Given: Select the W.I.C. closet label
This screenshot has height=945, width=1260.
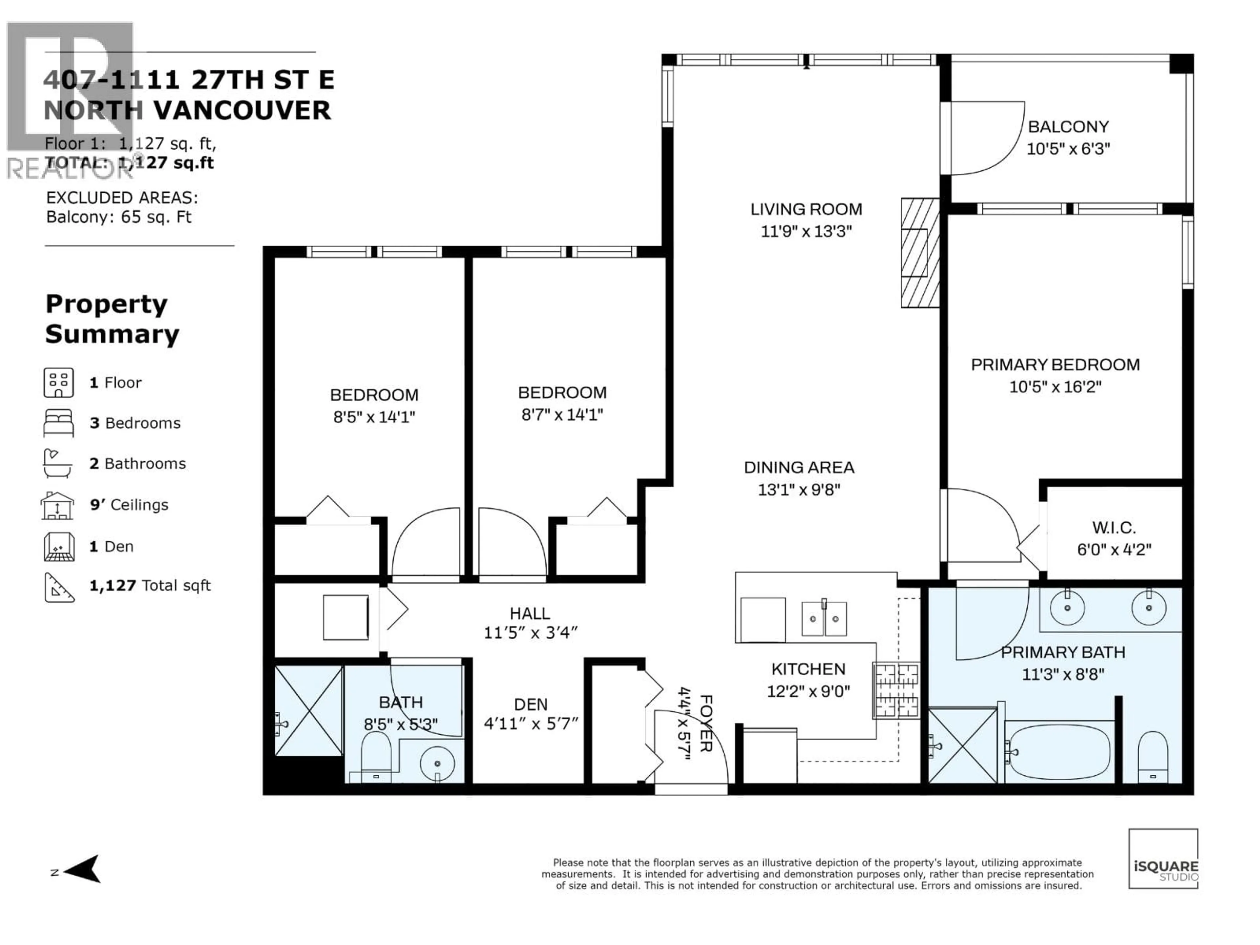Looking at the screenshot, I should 1114,528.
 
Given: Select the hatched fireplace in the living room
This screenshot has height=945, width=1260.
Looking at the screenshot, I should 919,253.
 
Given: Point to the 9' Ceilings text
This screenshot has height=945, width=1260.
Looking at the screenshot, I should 129,505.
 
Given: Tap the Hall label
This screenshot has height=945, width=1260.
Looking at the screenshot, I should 530,614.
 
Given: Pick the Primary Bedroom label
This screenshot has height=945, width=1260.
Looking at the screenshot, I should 1055,365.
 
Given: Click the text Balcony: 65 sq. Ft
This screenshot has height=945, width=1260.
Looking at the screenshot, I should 118,217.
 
